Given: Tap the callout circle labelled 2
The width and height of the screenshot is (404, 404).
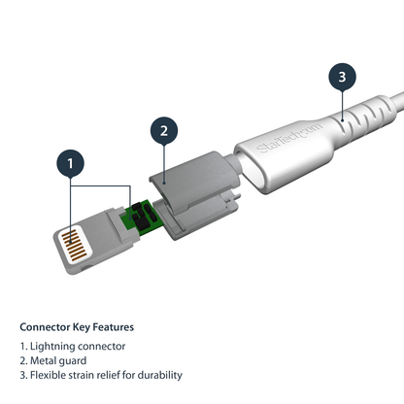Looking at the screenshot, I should point(165,130).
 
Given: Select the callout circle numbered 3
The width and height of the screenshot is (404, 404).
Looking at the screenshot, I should point(338,76).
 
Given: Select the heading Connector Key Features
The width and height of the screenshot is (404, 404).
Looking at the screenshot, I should point(77,326).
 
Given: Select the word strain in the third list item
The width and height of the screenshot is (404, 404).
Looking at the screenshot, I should point(86,375).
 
